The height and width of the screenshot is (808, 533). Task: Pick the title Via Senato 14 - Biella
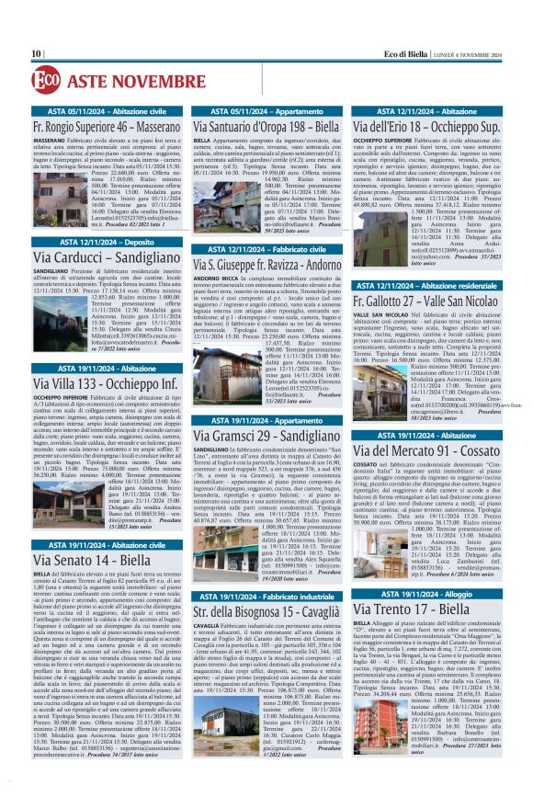pyautogui.click(x=92, y=558)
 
